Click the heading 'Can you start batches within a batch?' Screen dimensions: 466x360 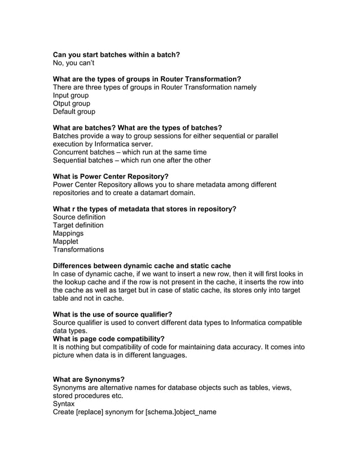pyautogui.click(x=116, y=55)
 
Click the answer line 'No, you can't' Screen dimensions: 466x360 pyautogui.click(x=73, y=63)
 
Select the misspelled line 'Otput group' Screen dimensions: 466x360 pyautogui.click(x=71, y=103)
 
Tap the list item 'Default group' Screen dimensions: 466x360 pyautogui.click(x=74, y=112)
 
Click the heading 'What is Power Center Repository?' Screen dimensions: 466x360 pyautogui.click(x=111, y=177)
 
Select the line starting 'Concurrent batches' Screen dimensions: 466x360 pyautogui.click(x=129, y=152)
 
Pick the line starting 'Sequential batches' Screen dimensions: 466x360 pyautogui.click(x=131, y=160)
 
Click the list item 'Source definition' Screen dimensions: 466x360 pyautogui.click(x=79, y=217)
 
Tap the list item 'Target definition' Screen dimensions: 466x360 pyautogui.click(x=78, y=225)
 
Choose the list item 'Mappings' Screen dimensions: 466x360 pyautogui.click(x=68, y=233)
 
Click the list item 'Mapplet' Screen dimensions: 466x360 pyautogui.click(x=65, y=241)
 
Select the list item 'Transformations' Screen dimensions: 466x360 pyautogui.click(x=78, y=249)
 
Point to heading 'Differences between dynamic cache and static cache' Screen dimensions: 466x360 pyautogui.click(x=142, y=266)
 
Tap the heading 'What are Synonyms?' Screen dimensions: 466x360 pyautogui.click(x=89, y=379)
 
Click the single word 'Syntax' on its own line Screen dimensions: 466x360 pyautogui.click(x=63, y=404)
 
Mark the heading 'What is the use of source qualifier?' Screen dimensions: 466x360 pyautogui.click(x=112, y=314)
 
